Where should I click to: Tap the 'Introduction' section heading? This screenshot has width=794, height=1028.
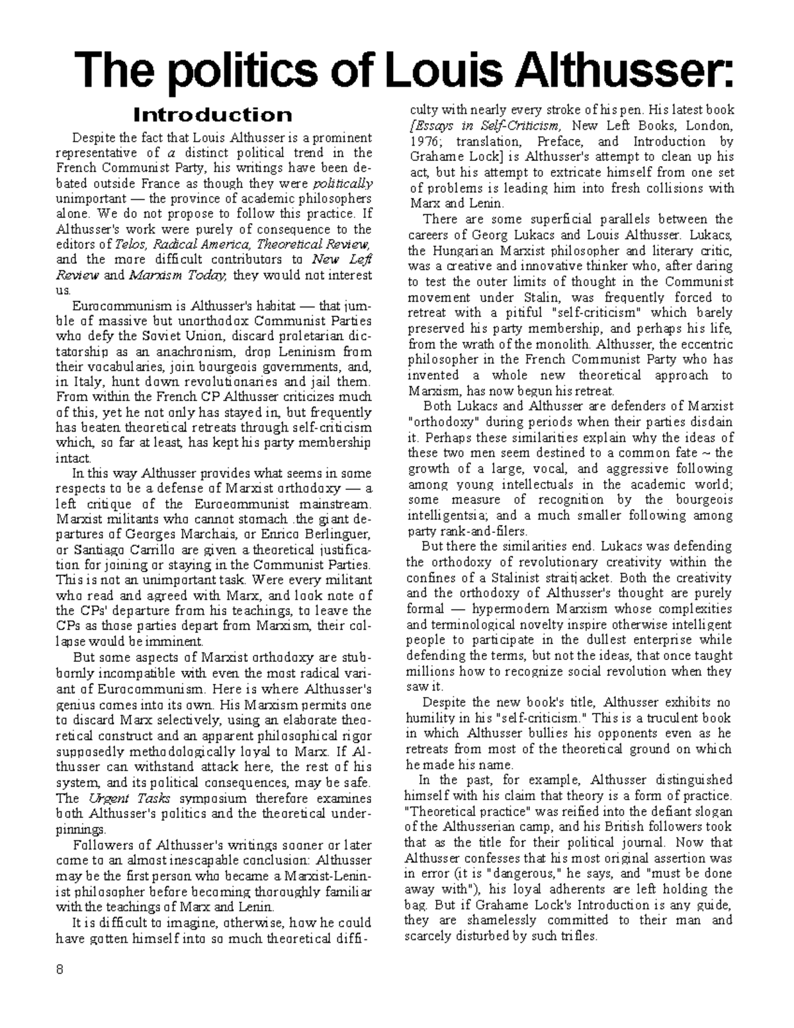pyautogui.click(x=212, y=115)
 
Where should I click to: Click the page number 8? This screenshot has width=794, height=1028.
pyautogui.click(x=60, y=970)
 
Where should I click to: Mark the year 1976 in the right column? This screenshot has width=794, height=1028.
pyautogui.click(x=425, y=141)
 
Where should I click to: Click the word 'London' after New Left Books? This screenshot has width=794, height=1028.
pyautogui.click(x=707, y=126)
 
